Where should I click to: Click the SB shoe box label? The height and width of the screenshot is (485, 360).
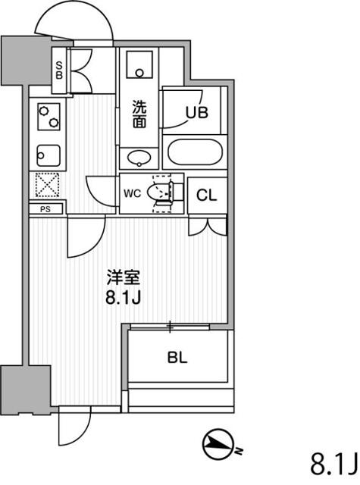coord(59,70)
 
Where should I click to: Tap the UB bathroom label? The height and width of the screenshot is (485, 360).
coord(197,113)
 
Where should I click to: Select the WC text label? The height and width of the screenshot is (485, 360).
coord(133,194)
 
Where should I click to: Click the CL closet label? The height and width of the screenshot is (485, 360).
coord(207,196)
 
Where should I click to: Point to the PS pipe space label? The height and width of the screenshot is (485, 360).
coord(45,209)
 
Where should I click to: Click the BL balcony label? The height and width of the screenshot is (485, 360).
coord(177,358)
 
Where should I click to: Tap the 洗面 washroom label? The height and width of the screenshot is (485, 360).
coord(139,114)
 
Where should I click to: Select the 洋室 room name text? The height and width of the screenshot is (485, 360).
coord(124,277)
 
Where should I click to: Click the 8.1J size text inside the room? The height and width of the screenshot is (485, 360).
coord(124,298)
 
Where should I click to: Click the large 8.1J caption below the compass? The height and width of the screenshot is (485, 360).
coord(334,465)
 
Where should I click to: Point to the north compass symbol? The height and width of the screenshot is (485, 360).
coord(219,445)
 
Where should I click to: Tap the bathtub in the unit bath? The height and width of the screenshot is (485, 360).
coord(195,152)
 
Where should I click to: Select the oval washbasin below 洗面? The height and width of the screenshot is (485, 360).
coord(139,158)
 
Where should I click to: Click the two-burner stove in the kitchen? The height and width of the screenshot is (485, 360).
coord(49,117)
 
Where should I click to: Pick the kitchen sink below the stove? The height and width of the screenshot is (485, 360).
coord(49,155)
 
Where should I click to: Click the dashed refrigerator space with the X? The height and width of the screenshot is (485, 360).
coord(47,185)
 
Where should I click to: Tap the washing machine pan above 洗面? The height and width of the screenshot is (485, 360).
coord(139,64)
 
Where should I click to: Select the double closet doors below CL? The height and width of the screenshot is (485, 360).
coord(208,227)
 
